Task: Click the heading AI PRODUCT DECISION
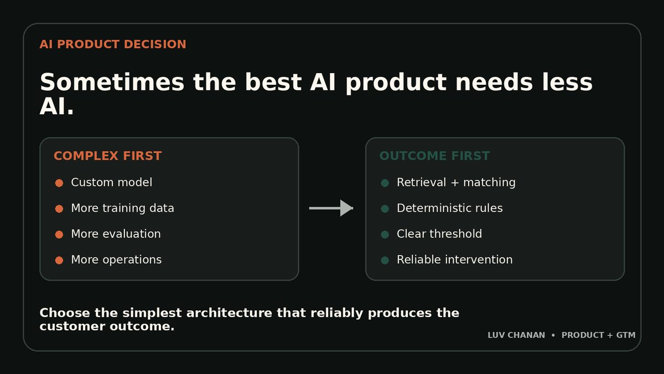(x=113, y=44)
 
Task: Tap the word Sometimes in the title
(x=112, y=82)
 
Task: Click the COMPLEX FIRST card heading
(x=107, y=156)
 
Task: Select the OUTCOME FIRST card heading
(x=434, y=156)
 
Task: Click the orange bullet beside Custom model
(x=59, y=183)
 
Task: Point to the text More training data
(x=122, y=208)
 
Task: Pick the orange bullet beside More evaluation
(x=59, y=234)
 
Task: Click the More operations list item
(x=116, y=260)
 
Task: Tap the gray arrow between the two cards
(x=331, y=208)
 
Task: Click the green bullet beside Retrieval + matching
(x=385, y=183)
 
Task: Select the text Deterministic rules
(x=450, y=208)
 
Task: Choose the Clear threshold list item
(x=439, y=234)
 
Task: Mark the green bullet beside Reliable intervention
(x=385, y=260)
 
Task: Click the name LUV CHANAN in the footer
(x=516, y=335)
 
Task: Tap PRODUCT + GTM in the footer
(x=599, y=335)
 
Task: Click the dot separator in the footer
(x=553, y=335)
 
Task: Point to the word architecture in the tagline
(x=229, y=313)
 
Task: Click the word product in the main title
(x=396, y=84)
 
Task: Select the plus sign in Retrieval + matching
(x=454, y=183)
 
